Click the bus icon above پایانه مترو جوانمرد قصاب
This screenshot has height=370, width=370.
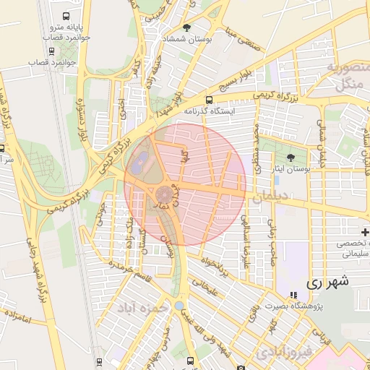click(x=66, y=16)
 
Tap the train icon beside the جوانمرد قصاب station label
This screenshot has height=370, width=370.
click(x=51, y=51)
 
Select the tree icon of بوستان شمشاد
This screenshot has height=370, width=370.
click(x=187, y=27)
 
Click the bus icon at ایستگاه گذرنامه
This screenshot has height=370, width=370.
click(x=210, y=100)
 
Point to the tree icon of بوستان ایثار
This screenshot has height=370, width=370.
click(x=291, y=157)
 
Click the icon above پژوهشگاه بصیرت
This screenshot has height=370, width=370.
click(x=293, y=295)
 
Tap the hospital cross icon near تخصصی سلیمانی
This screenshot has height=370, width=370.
click(x=365, y=232)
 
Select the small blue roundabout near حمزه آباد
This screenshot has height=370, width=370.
click(x=178, y=306)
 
